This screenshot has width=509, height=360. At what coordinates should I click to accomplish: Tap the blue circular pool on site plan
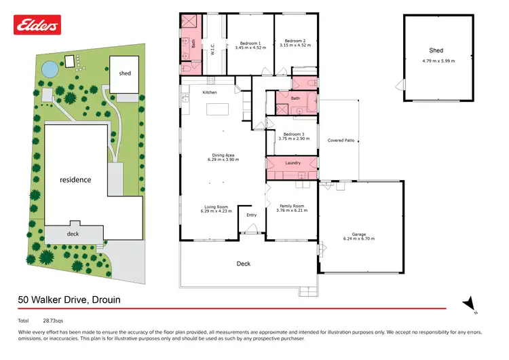(49, 69)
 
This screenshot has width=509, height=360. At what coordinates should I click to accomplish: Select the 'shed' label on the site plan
(125, 73)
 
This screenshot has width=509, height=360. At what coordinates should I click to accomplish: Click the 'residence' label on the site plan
(75, 180)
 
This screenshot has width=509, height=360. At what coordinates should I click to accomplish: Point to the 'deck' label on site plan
(73, 233)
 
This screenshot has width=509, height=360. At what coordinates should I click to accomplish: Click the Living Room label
(216, 206)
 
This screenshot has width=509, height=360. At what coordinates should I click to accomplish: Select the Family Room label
(290, 206)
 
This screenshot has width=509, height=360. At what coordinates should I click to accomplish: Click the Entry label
(252, 215)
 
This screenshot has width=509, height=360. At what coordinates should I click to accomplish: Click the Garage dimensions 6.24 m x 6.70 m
(359, 238)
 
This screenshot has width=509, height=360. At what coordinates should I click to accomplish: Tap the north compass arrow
(467, 304)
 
